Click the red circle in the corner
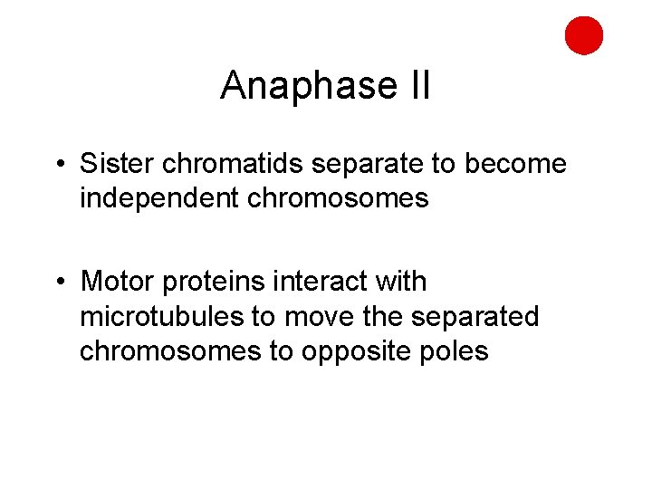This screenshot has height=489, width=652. coord(583,35)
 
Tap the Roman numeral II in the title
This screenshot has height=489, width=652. coord(417,87)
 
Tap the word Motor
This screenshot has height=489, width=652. coord(118,282)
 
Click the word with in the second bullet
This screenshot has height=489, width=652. coord(399,282)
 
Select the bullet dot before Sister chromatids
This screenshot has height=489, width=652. coord(59,165)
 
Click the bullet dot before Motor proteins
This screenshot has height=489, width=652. coord(59,283)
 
